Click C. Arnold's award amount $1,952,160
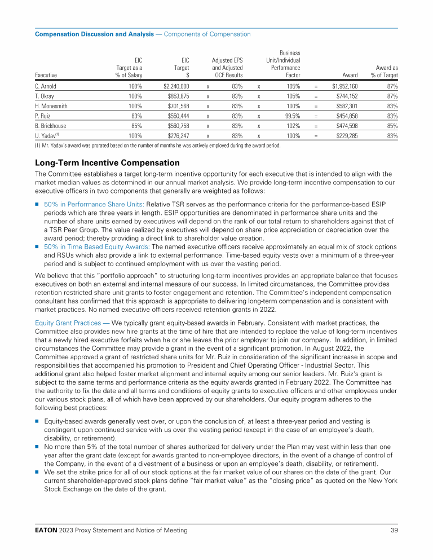345,87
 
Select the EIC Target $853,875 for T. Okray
175,96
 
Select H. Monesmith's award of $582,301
347,106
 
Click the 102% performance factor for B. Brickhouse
293,126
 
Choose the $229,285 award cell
347,135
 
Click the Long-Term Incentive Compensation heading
107,163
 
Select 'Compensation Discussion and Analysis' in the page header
94,34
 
